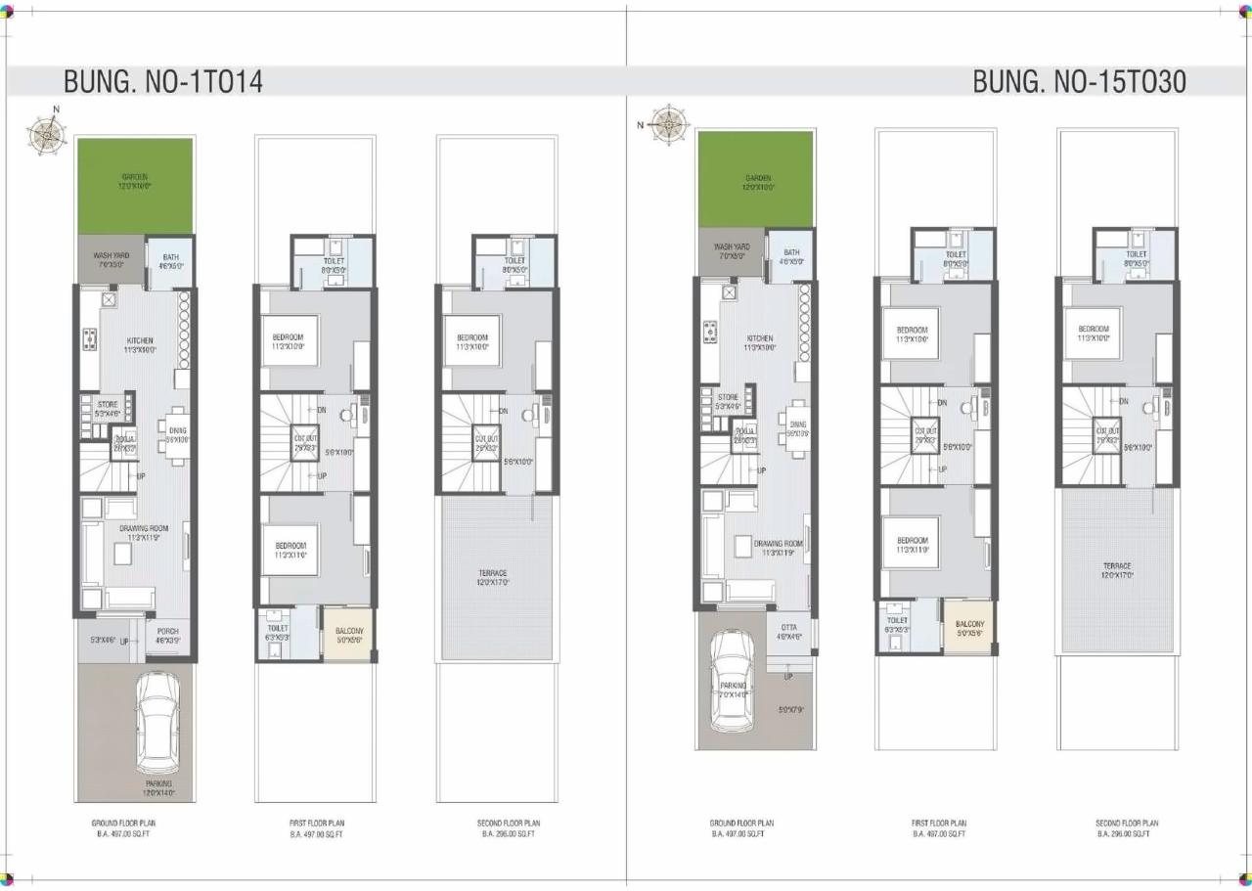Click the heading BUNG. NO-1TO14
pyautogui.click(x=163, y=81)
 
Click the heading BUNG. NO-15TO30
pyautogui.click(x=1079, y=81)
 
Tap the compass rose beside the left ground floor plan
pyautogui.click(x=45, y=132)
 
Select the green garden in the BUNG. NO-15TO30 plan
pyautogui.click(x=754, y=179)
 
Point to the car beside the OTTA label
pyautogui.click(x=733, y=681)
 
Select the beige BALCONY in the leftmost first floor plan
pyautogui.click(x=348, y=634)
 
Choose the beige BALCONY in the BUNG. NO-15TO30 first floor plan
pyautogui.click(x=969, y=627)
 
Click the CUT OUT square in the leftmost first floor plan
pyautogui.click(x=304, y=441)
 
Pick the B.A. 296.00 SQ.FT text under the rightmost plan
pyautogui.click(x=1127, y=833)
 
